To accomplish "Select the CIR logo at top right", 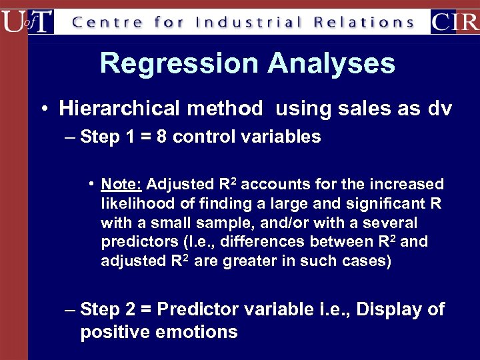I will click(x=454, y=21).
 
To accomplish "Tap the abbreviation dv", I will click(x=441, y=108).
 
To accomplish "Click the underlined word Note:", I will click(x=121, y=184).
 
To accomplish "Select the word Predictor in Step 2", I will click(x=204, y=310).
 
